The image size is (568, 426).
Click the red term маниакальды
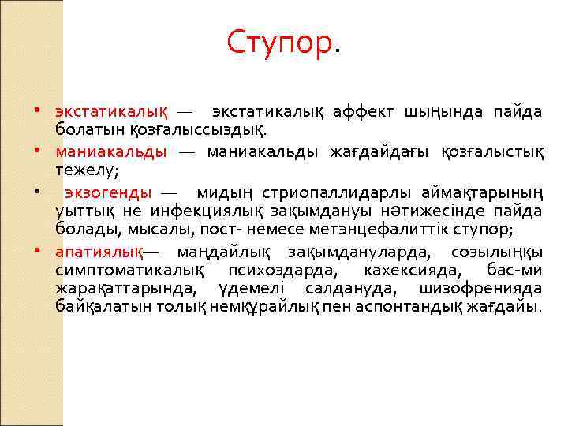111,150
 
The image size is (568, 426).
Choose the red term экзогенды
109,192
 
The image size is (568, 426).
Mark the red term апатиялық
99,252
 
